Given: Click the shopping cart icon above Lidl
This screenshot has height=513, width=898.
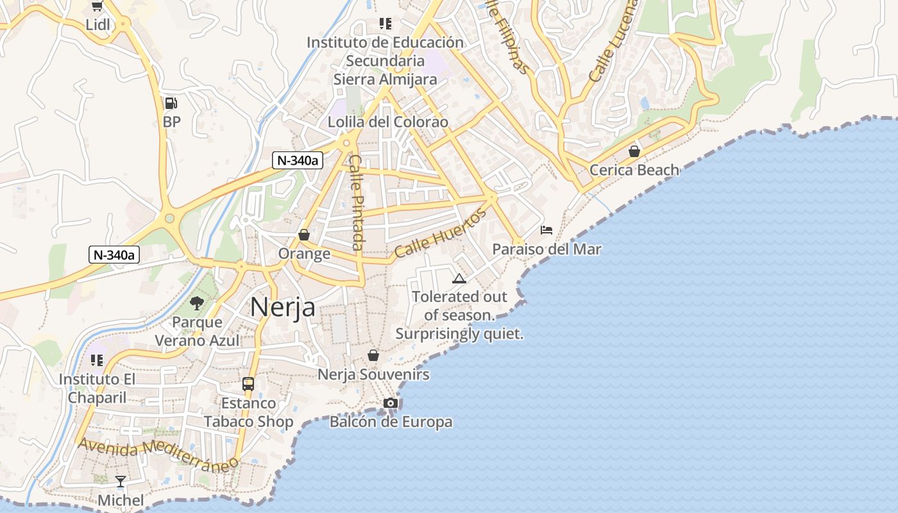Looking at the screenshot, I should (97, 6).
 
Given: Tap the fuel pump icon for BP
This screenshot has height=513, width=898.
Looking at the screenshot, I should (171, 103).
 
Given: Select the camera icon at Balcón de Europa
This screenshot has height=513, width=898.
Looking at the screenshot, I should (390, 403).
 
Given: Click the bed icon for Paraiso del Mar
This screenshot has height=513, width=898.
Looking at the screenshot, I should (546, 230).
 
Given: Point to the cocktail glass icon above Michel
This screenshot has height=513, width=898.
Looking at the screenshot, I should (120, 481).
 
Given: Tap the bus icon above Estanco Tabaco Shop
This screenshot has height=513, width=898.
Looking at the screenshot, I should (248, 384).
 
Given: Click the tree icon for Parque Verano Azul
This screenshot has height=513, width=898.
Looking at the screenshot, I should (197, 303).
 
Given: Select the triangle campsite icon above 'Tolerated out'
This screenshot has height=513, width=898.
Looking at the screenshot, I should (459, 278).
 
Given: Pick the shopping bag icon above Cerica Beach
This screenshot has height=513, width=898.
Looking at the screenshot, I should (634, 151).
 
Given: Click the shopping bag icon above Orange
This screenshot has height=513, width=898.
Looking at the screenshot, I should (304, 235).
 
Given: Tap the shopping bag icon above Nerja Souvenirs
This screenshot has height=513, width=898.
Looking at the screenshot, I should (373, 355).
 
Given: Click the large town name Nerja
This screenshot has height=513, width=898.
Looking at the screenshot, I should (282, 307).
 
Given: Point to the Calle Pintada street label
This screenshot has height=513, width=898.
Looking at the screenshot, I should (357, 202).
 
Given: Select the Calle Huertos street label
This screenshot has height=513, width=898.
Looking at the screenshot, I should (441, 233).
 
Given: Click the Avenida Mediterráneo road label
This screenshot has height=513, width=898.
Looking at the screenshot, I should (158, 453).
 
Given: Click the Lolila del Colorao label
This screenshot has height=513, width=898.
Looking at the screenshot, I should (388, 122).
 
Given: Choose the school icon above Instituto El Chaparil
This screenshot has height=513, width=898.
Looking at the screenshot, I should (97, 360).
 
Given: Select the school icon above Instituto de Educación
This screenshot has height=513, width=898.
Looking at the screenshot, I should (385, 24).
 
